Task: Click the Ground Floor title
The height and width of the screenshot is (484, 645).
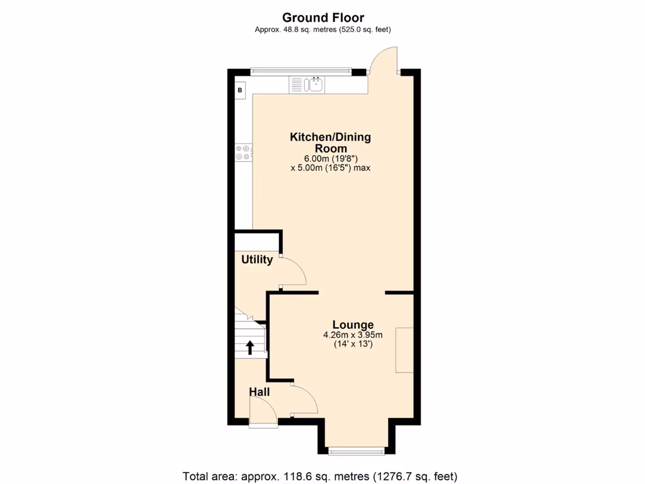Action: (x=322, y=18)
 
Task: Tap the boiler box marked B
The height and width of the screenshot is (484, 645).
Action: (x=240, y=91)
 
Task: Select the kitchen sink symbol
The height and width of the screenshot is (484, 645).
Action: (x=307, y=84)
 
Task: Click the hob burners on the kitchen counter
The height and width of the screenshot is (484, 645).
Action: (x=243, y=152)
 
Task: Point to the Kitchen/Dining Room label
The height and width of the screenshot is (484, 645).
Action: (x=330, y=142)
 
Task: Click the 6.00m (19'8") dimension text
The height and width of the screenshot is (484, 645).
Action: (x=330, y=159)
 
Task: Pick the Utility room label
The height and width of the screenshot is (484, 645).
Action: (x=257, y=260)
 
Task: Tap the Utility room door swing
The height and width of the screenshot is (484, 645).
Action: (x=294, y=271)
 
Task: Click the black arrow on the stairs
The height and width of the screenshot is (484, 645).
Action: (x=249, y=347)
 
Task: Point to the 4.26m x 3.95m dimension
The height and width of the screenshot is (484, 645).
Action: (x=353, y=335)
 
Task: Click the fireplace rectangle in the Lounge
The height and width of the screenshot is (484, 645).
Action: (x=404, y=350)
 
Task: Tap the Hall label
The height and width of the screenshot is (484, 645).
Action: (x=259, y=392)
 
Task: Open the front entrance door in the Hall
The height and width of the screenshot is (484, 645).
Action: (x=263, y=415)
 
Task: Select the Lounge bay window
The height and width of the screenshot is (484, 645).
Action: (x=357, y=450)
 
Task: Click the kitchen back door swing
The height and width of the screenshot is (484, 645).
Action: (x=384, y=62)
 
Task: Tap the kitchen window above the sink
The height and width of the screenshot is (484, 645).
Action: (x=300, y=71)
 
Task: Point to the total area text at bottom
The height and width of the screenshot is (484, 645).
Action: (x=320, y=476)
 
